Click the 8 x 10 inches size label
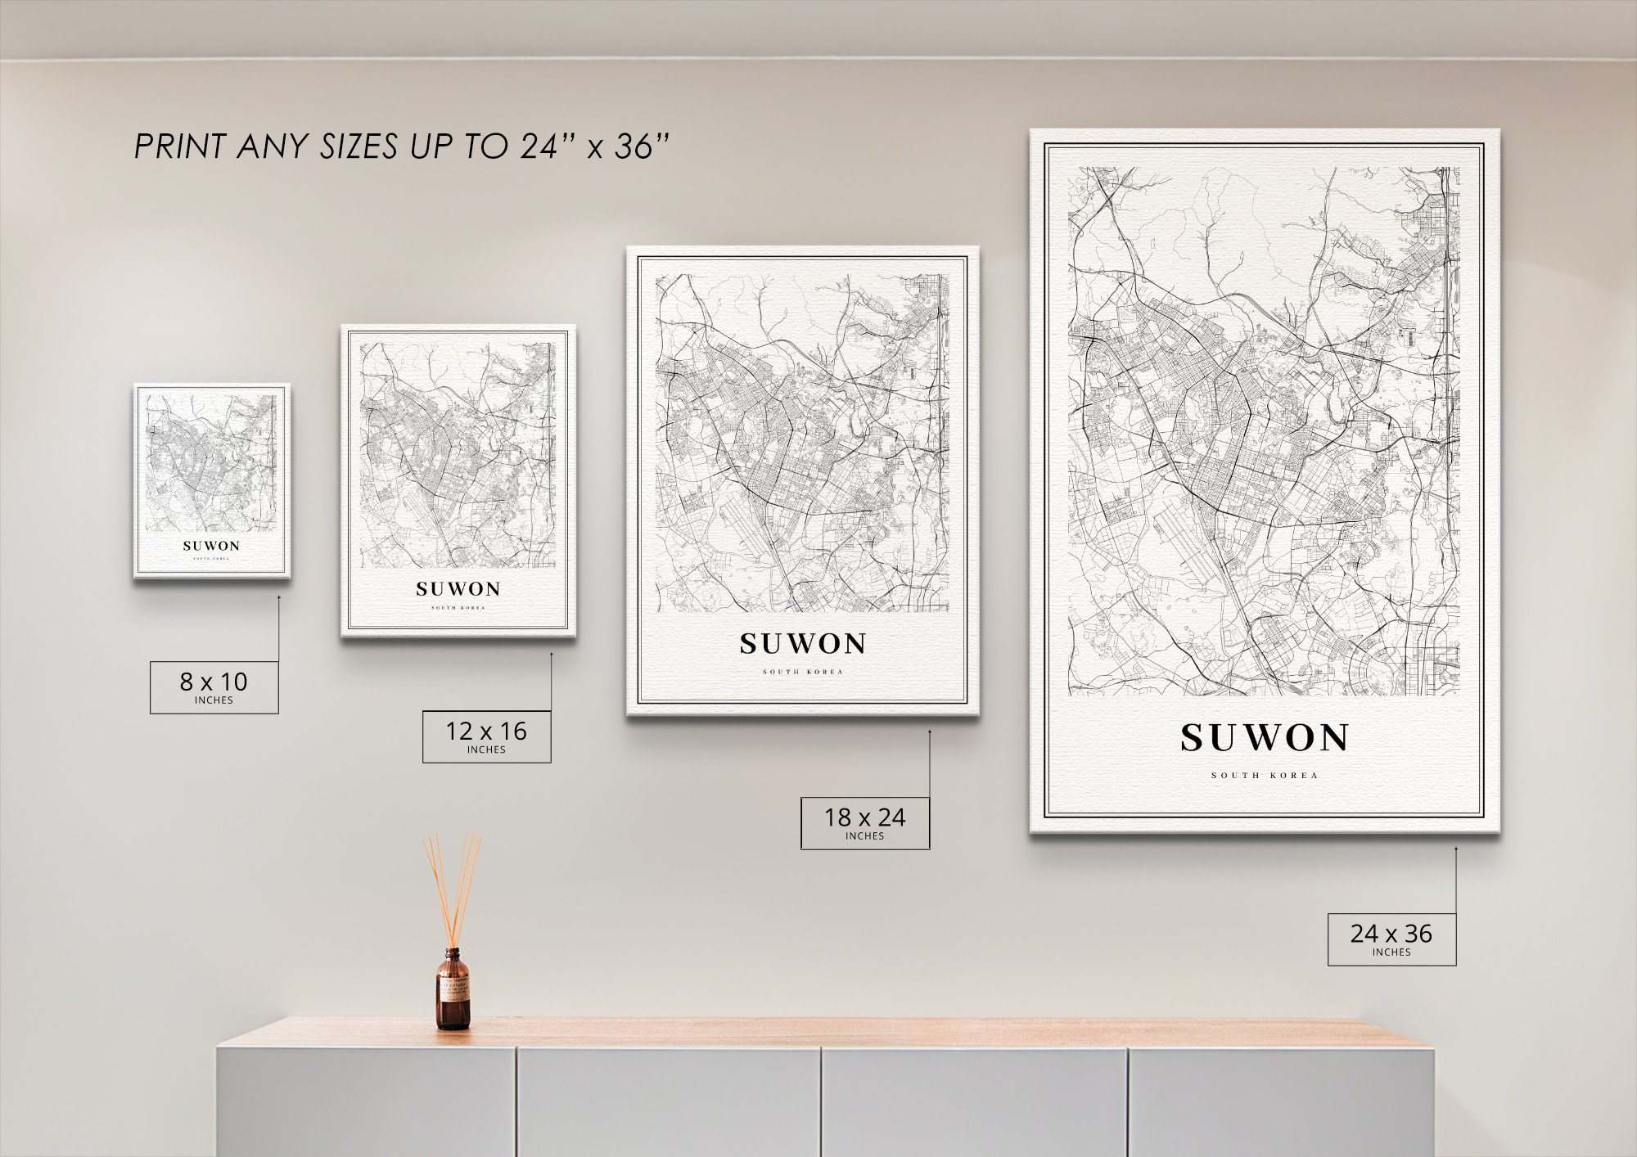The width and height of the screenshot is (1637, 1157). pos(214,687)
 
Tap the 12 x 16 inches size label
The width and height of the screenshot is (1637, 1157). pos(486,736)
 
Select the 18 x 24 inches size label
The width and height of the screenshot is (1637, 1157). pos(864,822)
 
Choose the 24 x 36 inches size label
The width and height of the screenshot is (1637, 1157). pos(1391,939)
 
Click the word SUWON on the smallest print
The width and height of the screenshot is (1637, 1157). pos(211,546)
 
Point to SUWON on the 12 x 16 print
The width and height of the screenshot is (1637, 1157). pos(458,588)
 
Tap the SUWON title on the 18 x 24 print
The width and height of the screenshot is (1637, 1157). pos(802,644)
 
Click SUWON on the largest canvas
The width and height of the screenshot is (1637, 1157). pos(1264,738)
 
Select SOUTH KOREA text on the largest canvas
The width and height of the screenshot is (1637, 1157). pos(1265,776)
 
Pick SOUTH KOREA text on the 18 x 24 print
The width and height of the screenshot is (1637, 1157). pos(802,673)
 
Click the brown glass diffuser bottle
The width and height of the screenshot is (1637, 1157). pos(453,990)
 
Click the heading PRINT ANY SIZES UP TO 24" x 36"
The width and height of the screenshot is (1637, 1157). pos(401,147)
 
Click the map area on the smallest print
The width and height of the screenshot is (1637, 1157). pos(211,462)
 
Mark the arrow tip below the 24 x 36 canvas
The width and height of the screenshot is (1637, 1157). pos(1455,849)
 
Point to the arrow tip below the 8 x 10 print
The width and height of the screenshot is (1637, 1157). pos(278,597)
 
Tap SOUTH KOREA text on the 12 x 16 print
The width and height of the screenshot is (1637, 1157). pos(458,608)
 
